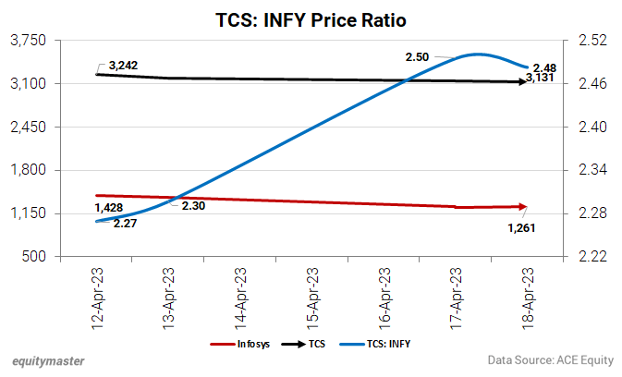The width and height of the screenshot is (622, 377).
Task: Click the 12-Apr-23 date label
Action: coord(96,298)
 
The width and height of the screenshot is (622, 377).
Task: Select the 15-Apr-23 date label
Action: coord(311,298)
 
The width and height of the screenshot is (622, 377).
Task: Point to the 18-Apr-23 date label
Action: coord(527,298)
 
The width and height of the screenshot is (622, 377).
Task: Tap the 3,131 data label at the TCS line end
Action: coord(540,89)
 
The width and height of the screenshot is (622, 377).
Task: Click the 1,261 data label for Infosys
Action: coord(522,226)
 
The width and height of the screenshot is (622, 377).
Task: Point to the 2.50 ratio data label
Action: coord(418,57)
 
